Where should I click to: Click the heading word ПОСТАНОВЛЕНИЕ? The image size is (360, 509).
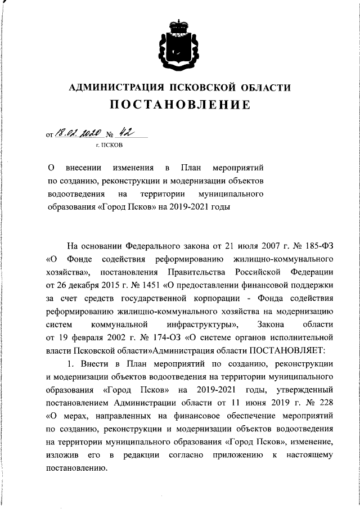(x=180, y=105)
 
